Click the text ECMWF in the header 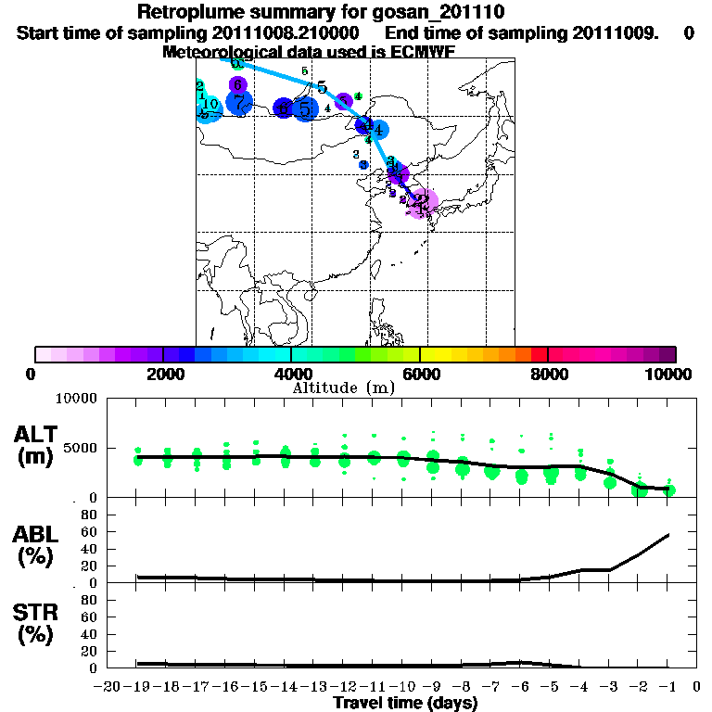click(x=422, y=52)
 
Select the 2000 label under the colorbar click(x=163, y=374)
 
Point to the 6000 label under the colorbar click(x=420, y=374)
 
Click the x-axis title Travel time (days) click(x=405, y=704)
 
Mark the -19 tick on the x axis click(x=137, y=687)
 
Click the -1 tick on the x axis click(x=667, y=687)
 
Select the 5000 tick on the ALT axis click(x=81, y=448)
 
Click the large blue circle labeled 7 click(x=239, y=102)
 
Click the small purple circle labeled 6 click(x=236, y=84)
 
